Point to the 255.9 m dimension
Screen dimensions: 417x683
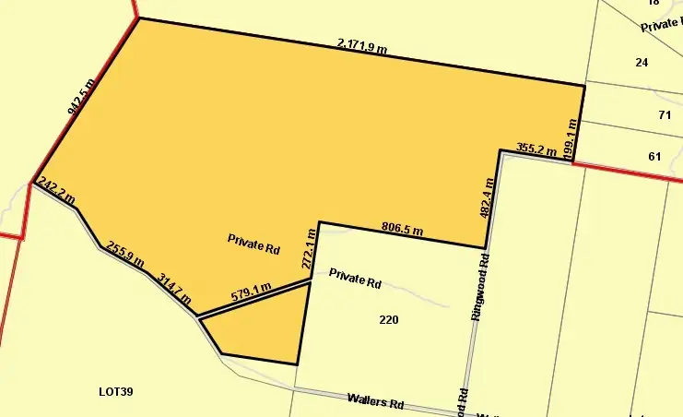coord(126,255)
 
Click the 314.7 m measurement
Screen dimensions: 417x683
coord(174,288)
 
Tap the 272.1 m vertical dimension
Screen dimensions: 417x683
coord(310,249)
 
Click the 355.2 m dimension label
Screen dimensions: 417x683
coord(536,148)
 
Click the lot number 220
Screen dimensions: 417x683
coord(389,320)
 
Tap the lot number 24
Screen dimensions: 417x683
coord(642,62)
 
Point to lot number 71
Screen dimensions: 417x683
coord(665,115)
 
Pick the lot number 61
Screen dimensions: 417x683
coord(654,156)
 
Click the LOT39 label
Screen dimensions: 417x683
coord(116,392)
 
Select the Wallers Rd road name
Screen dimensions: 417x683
coord(376,403)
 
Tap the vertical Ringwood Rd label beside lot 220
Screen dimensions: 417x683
coord(477,287)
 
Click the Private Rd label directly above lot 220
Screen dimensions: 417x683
coord(355,280)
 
